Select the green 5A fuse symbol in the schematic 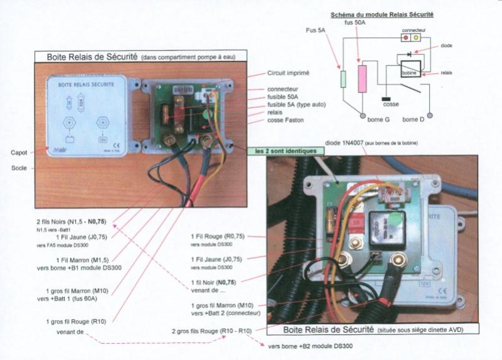[x=343, y=79]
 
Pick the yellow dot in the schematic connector [x=415, y=38]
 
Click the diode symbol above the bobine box [x=409, y=55]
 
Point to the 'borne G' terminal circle [x=363, y=116]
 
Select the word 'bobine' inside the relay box [x=409, y=74]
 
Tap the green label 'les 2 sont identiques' [x=277, y=151]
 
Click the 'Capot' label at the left [x=19, y=152]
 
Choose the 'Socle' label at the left [x=19, y=167]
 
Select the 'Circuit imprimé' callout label [x=288, y=73]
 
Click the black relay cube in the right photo [x=383, y=225]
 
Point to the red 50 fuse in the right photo [x=355, y=221]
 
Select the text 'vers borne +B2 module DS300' [x=310, y=346]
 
